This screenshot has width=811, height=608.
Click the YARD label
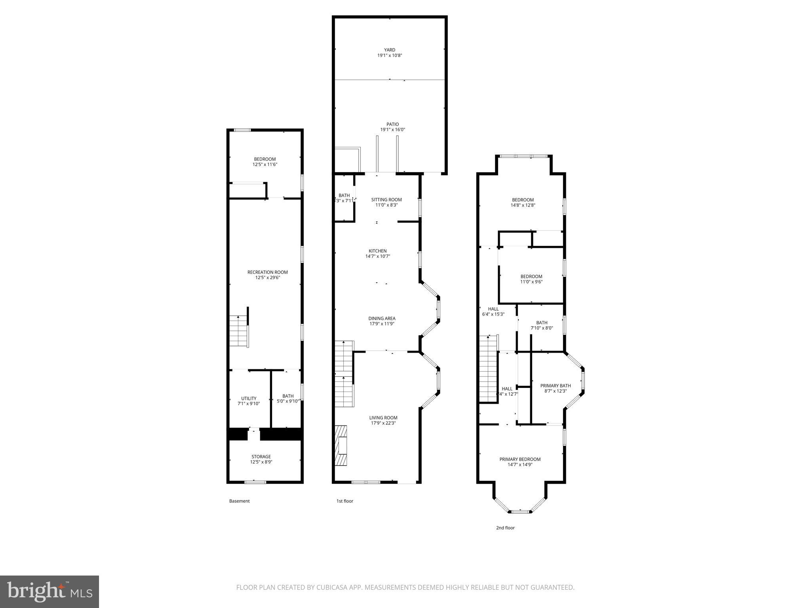390,50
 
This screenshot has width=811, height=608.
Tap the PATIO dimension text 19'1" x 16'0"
392,130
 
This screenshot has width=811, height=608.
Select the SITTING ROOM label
386,199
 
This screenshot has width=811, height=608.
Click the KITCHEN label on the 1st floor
377,251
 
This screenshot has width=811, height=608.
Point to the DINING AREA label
382,318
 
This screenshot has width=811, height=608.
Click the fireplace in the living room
341,446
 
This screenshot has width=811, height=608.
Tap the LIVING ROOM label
383,418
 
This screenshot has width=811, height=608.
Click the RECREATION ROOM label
267,272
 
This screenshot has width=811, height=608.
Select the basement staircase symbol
239,331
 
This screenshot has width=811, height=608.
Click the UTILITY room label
249,399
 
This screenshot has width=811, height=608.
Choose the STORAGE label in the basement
261,456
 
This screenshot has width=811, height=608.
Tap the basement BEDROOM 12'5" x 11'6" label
265,161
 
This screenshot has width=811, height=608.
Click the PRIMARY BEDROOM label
520,459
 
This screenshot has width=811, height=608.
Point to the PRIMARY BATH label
555,386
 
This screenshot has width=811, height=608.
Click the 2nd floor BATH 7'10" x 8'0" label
541,325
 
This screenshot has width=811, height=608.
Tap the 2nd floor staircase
488,368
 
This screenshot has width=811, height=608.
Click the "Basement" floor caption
239,501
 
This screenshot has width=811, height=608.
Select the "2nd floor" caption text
505,528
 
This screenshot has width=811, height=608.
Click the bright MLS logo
49,592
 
